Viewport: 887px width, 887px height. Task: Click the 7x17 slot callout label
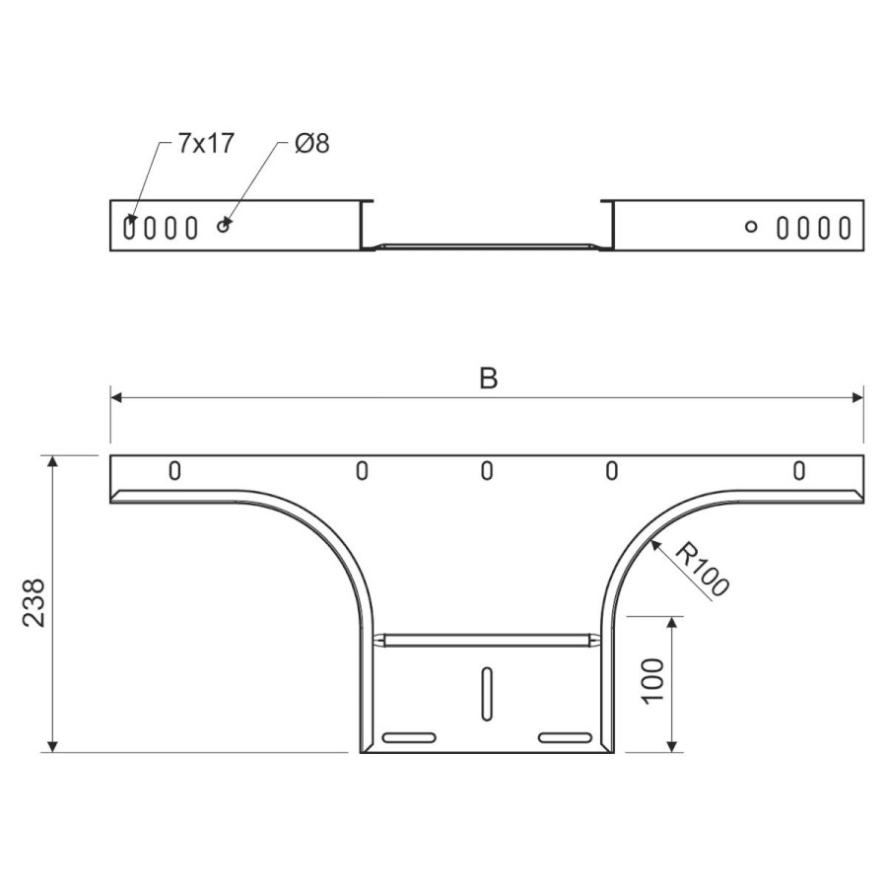[206, 143]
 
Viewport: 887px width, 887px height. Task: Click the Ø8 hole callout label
[311, 143]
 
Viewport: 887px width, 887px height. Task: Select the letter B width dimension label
[488, 378]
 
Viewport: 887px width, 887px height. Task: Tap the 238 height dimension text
[34, 602]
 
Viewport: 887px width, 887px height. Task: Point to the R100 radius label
[702, 569]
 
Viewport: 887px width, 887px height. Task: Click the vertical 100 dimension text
[652, 681]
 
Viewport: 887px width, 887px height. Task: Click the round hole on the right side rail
[751, 227]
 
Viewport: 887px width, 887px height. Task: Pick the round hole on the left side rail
[224, 227]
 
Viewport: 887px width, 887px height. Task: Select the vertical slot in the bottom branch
[487, 694]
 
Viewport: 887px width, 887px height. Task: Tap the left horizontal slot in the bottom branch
[409, 737]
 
